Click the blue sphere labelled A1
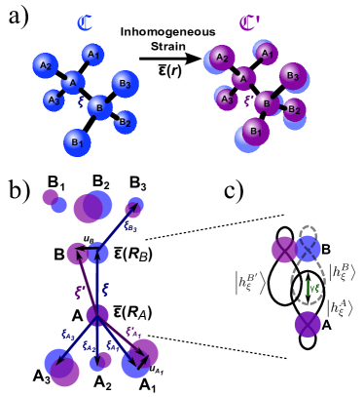click(x=92, y=55)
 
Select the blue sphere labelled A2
click(x=45, y=65)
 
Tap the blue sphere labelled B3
click(x=125, y=84)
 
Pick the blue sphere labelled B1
click(x=77, y=142)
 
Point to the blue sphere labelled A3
click(x=55, y=100)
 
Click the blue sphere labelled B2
click(x=125, y=122)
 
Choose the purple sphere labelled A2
click(x=222, y=58)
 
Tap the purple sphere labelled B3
click(x=292, y=75)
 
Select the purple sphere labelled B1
click(x=255, y=131)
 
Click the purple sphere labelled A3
click(x=227, y=99)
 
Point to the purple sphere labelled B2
click(x=294, y=109)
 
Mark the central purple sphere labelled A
click(x=243, y=79)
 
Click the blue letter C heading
click(x=86, y=22)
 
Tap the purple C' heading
click(x=249, y=22)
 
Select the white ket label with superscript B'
click(x=249, y=283)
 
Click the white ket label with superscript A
click(x=340, y=308)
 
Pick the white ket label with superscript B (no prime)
click(x=342, y=272)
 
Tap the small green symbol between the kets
click(x=311, y=288)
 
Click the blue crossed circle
click(x=308, y=249)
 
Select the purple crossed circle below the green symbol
click(x=308, y=324)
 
